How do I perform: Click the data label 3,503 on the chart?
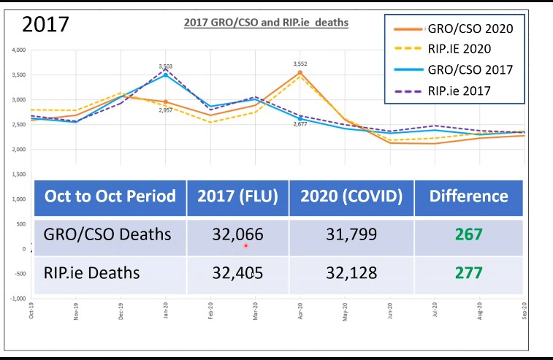[x=166, y=66]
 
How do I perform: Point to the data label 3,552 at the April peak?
[x=300, y=64]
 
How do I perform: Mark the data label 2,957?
[x=166, y=110]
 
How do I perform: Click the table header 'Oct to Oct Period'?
[x=110, y=196]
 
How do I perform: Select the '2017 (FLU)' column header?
[x=237, y=196]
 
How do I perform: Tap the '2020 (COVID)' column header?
[x=352, y=196]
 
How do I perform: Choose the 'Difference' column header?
[x=468, y=196]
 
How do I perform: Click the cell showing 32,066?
[x=237, y=235]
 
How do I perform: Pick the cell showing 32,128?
[x=352, y=273]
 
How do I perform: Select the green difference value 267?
[x=468, y=235]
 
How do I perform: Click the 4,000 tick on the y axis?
[x=18, y=50]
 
